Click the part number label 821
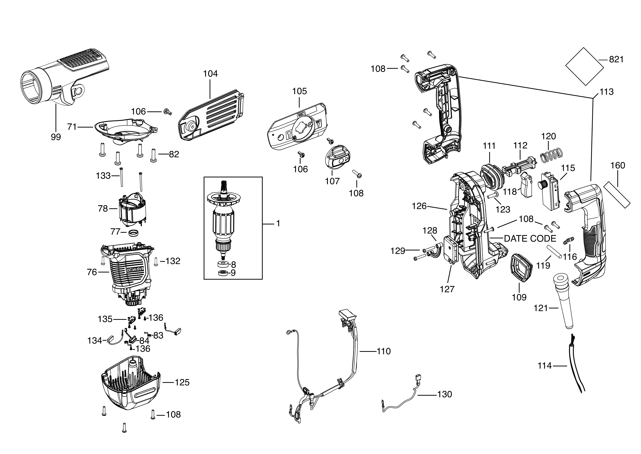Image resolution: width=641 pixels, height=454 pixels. (616, 59)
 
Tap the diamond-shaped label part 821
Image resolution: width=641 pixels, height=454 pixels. (584, 66)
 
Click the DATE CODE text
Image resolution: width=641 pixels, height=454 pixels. (530, 238)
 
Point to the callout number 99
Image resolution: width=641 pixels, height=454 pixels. (56, 137)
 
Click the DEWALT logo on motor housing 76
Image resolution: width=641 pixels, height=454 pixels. (135, 270)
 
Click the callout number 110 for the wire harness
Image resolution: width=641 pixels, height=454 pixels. (384, 351)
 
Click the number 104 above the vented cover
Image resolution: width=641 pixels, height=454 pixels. (210, 74)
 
